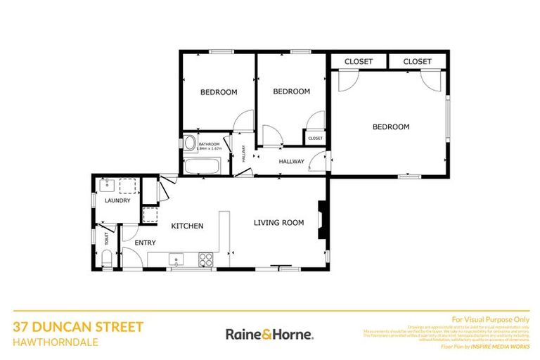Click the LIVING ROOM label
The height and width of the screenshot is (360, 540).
click(278, 223)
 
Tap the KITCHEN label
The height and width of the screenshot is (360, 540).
click(188, 226)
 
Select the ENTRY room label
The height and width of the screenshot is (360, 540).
click(144, 243)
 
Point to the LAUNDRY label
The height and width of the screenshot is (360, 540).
click(117, 200)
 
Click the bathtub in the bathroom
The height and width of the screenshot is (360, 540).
click(202, 167)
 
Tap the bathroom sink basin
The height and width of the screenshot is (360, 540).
click(189, 143)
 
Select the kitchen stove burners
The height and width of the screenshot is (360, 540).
click(206, 259)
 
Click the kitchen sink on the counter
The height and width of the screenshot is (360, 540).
click(176, 259)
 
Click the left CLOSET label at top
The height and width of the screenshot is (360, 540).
click(359, 62)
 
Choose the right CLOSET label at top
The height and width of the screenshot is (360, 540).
click(418, 62)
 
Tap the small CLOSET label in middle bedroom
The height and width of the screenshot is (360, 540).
click(315, 138)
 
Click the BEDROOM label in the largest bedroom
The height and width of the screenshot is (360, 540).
click(390, 127)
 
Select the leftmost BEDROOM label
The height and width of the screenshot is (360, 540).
click(219, 92)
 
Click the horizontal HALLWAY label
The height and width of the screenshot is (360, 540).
click(291, 162)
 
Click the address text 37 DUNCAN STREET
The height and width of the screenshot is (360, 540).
click(78, 326)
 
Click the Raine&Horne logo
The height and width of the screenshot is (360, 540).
click(269, 334)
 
